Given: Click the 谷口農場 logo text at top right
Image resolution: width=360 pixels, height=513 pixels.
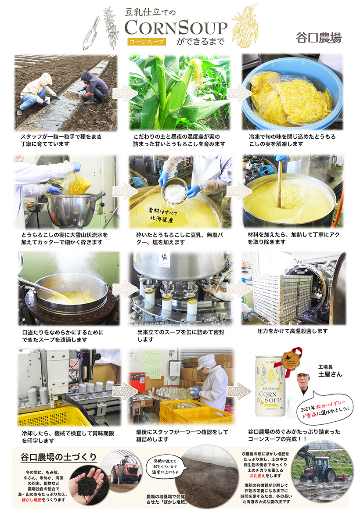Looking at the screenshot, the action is click(318, 38).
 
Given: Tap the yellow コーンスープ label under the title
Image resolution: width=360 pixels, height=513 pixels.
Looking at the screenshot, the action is click(146, 42).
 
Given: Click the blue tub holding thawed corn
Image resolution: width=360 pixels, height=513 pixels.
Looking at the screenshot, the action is click(292, 93).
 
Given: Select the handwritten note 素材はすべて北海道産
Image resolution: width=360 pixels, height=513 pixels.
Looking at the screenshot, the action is click(162, 215).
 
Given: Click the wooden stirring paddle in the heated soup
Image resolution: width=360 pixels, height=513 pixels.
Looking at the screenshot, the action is click(280, 185).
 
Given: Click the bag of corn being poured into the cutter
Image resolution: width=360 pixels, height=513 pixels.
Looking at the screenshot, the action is click(79, 184).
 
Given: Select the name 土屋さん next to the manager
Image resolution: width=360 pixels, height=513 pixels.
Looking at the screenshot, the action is click(330, 374).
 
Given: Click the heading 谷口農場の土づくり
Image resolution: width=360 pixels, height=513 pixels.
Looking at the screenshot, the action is click(58, 457).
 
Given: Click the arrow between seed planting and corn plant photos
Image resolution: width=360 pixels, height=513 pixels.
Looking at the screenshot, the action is click(125, 93).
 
